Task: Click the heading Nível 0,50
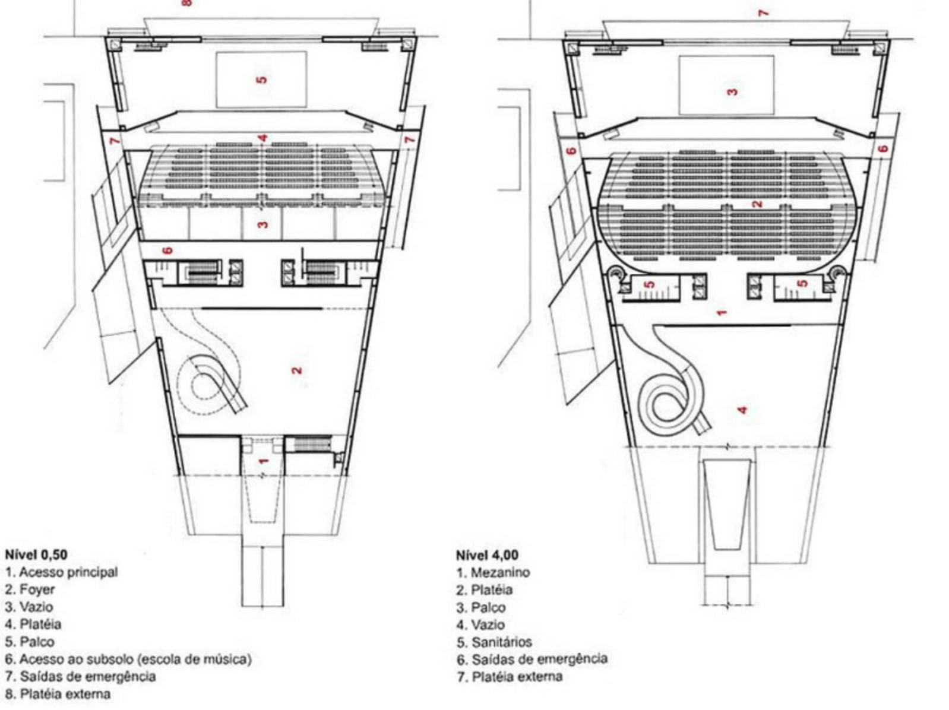click(x=36, y=554)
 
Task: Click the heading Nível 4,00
click(x=487, y=555)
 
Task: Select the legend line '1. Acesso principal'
click(x=61, y=572)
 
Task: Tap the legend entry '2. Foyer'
click(x=30, y=589)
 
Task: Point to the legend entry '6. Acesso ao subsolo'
click(x=128, y=659)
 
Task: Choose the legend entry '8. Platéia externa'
click(x=58, y=694)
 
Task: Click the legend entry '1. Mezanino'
click(x=494, y=573)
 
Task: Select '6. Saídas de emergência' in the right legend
click(x=532, y=659)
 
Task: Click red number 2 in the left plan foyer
click(x=297, y=370)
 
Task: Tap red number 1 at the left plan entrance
click(x=263, y=461)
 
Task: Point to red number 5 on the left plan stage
click(x=261, y=80)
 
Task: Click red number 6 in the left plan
click(x=168, y=250)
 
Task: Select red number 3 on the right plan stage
click(x=732, y=92)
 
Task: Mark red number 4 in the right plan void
click(x=743, y=410)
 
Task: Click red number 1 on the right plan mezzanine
click(x=721, y=312)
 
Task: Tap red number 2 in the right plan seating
click(x=756, y=204)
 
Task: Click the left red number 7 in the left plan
click(x=115, y=141)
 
